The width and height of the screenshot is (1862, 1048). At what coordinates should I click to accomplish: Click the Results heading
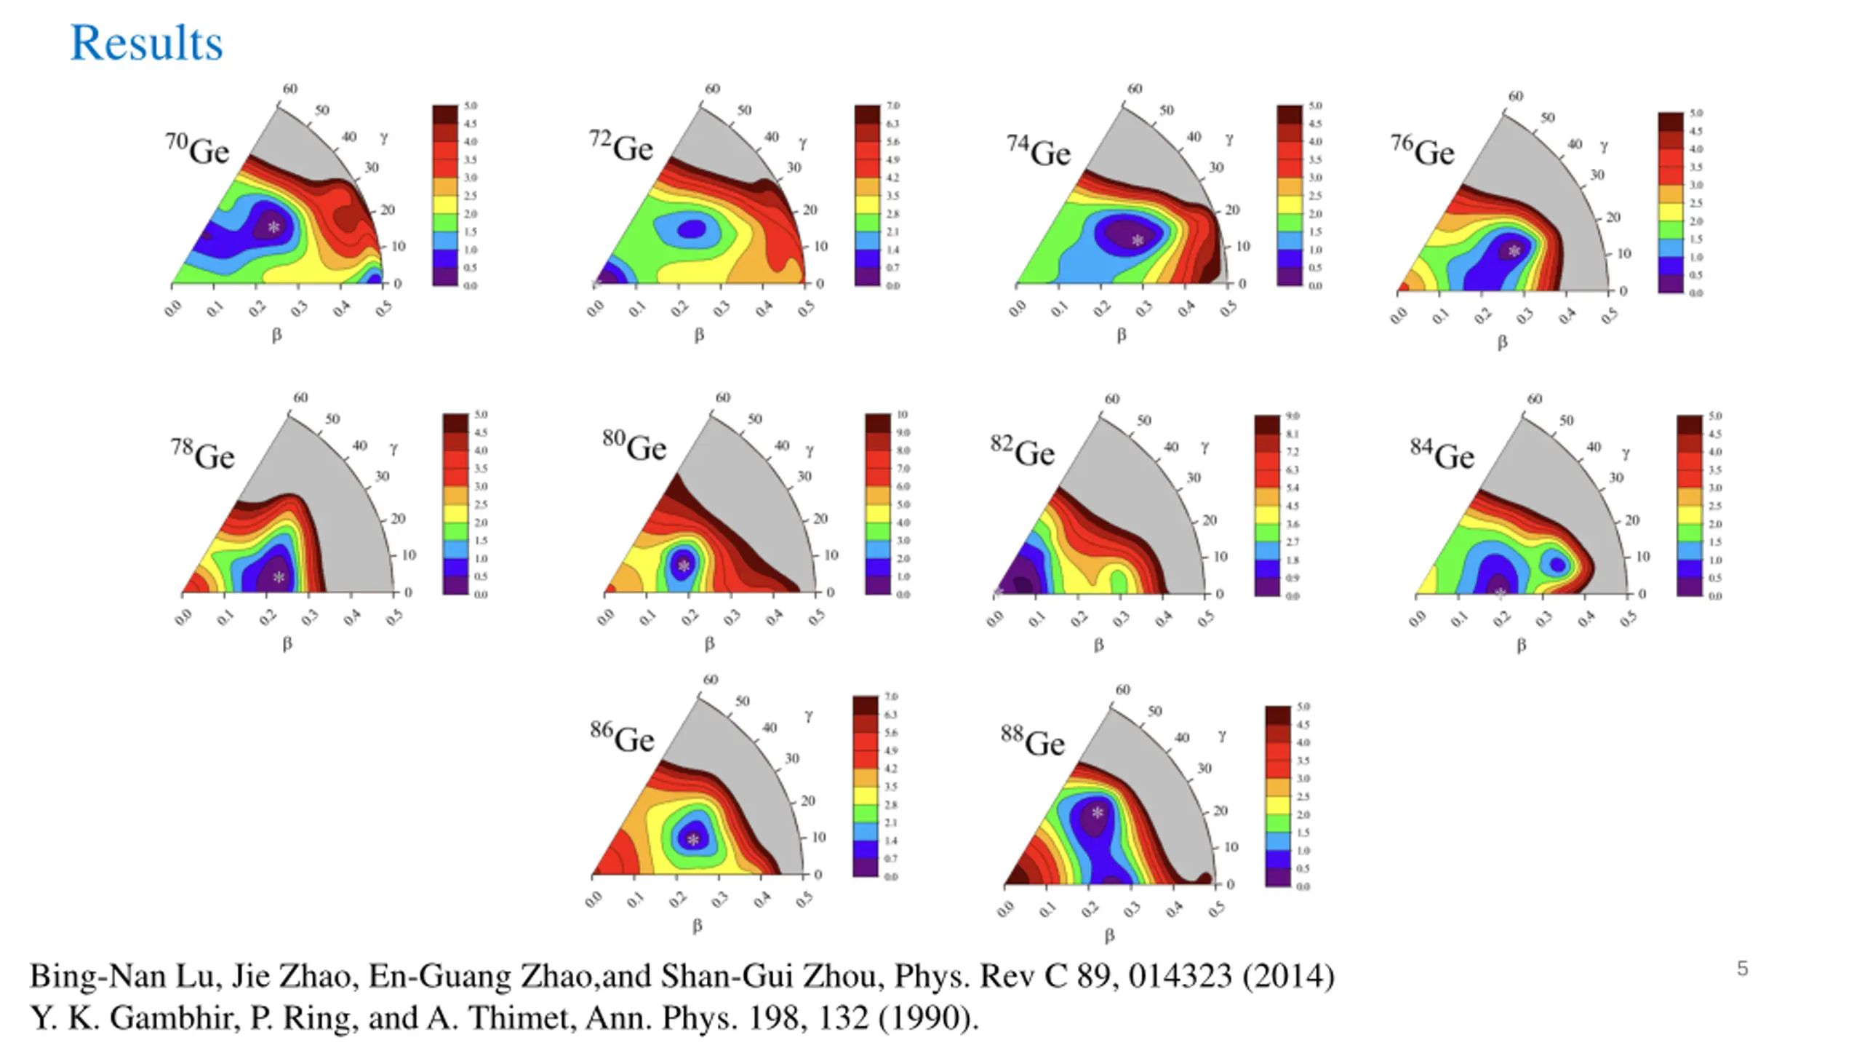[146, 43]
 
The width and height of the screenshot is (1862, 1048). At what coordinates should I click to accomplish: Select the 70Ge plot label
[197, 149]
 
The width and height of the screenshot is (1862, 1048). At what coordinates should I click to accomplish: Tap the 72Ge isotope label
[621, 146]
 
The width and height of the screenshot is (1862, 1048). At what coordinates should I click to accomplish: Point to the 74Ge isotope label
[1039, 151]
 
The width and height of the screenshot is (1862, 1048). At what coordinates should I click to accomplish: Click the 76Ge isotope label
[1422, 151]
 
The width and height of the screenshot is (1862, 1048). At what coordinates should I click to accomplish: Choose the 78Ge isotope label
[203, 455]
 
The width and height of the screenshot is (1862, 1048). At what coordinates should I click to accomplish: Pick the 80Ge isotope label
[634, 445]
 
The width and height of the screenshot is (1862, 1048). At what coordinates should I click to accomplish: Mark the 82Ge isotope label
[1022, 451]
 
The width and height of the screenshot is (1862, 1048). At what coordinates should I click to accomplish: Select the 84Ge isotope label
[1442, 455]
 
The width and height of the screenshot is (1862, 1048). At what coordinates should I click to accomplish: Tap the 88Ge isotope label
[1032, 741]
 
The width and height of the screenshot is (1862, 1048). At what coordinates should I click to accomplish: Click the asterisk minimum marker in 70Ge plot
[273, 227]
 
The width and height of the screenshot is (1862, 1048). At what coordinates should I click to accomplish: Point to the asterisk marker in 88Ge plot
[1098, 813]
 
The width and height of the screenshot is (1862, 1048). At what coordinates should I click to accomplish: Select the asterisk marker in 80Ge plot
[684, 565]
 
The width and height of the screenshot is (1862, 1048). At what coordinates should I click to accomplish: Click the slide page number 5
[1742, 969]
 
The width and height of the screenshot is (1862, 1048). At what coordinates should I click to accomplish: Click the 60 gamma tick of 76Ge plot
[1516, 96]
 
